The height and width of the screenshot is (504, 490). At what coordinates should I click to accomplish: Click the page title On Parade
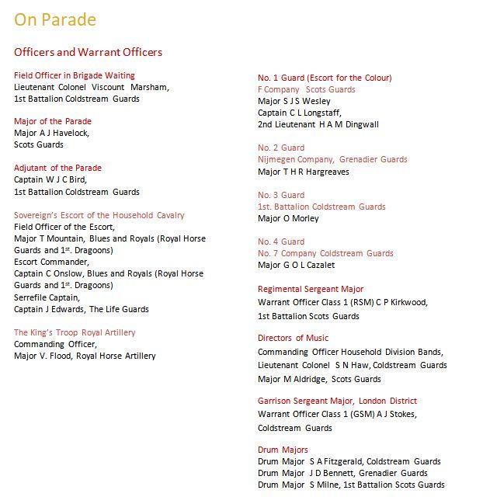click(55, 19)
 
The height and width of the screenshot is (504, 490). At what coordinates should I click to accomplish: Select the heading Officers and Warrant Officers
click(89, 53)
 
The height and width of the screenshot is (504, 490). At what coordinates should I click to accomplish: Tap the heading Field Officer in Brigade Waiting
click(75, 75)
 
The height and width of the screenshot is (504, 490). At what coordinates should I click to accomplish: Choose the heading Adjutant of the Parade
click(58, 168)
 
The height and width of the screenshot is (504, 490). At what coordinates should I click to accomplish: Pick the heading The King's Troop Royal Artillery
click(75, 332)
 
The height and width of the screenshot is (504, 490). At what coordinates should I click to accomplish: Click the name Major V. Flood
click(43, 356)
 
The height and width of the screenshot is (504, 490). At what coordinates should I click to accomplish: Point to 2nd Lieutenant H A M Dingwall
click(318, 124)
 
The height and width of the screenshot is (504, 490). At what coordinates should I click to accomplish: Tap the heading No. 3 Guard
click(281, 195)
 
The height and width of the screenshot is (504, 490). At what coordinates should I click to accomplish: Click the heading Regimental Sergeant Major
click(311, 289)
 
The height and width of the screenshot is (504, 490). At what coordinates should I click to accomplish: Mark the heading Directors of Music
click(294, 338)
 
